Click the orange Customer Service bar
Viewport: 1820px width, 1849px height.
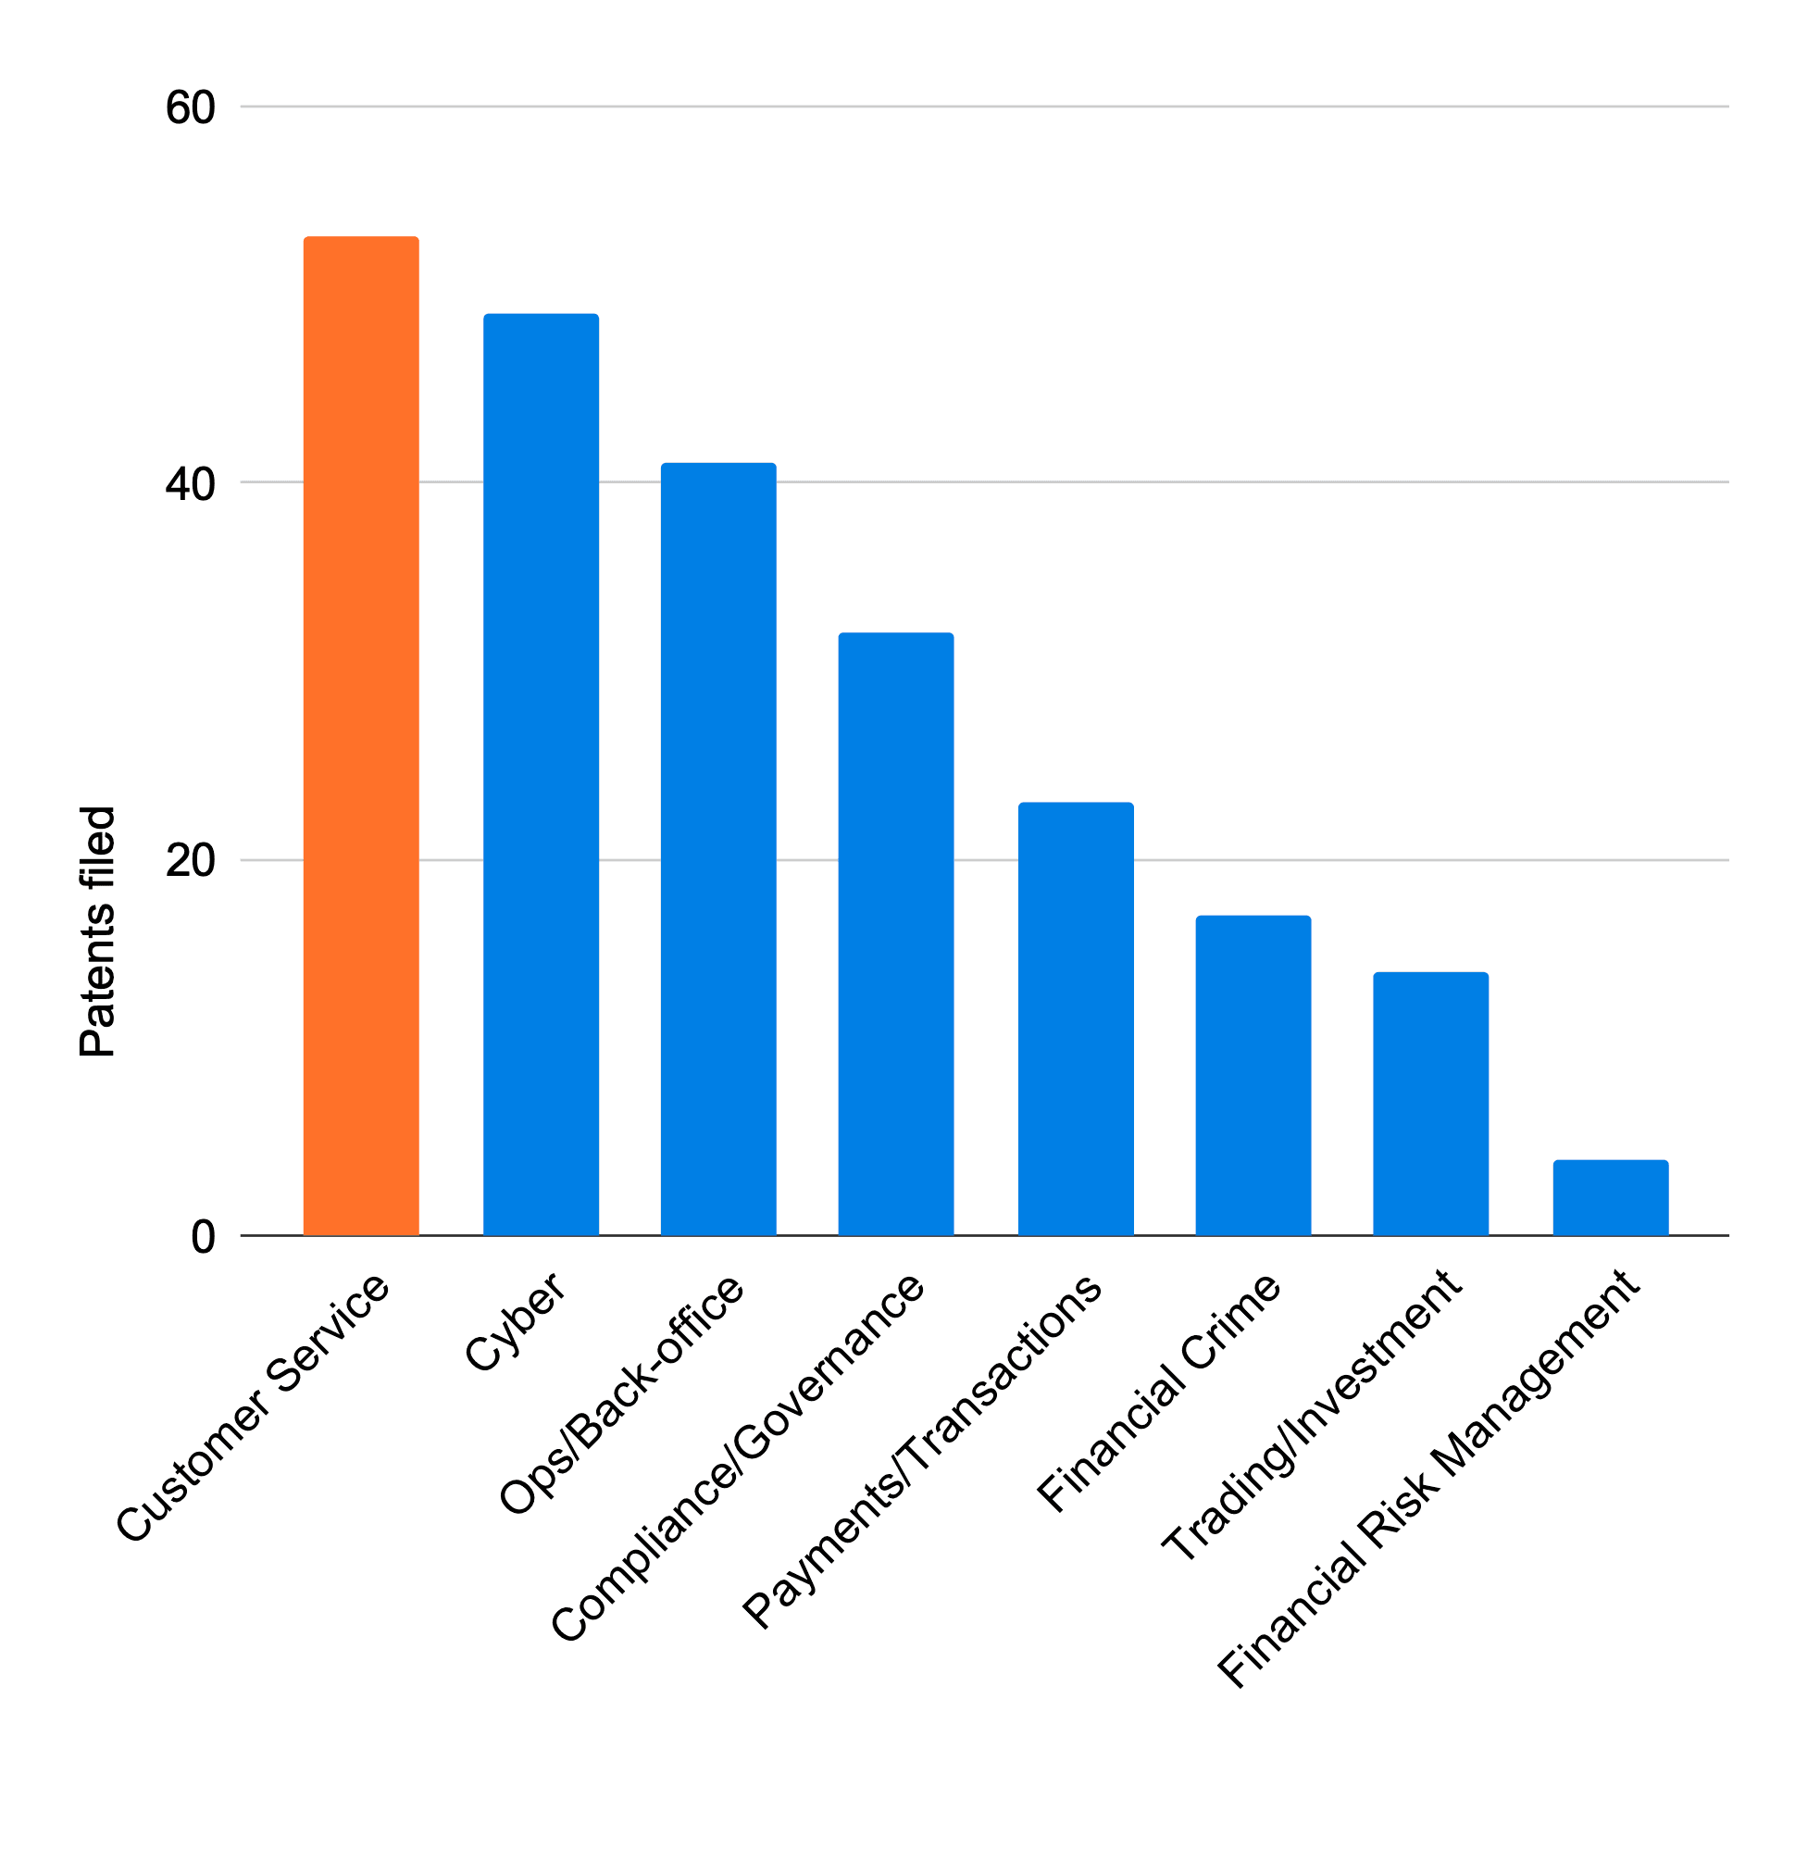click(361, 735)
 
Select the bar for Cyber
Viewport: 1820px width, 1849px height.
click(541, 773)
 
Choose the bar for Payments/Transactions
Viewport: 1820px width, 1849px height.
click(1076, 1018)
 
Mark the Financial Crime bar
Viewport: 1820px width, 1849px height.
click(1253, 1075)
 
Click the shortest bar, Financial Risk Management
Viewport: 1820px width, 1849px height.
click(1610, 1197)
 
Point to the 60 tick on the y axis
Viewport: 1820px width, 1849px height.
click(190, 107)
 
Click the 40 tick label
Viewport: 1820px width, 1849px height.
click(190, 483)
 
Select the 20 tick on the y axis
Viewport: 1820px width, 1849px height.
click(190, 860)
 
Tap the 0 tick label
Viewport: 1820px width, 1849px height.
click(203, 1237)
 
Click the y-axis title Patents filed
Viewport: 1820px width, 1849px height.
click(97, 931)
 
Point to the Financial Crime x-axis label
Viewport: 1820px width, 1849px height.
click(1158, 1392)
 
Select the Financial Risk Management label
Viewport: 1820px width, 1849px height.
click(1429, 1478)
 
